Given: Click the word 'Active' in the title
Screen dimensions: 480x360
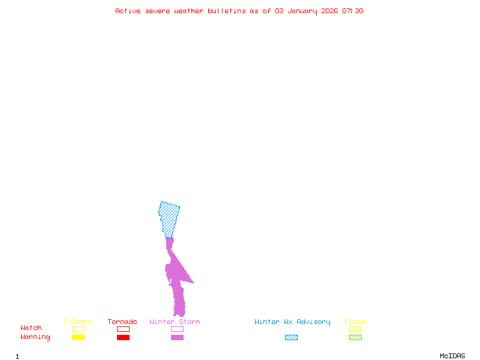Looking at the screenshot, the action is coord(128,11).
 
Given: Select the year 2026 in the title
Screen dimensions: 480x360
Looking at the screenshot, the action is coord(329,11).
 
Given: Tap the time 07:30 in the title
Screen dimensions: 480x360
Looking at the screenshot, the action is coord(353,11).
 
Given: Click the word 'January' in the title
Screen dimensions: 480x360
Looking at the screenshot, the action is coord(302,11).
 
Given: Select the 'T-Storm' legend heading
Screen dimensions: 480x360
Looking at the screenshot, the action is coord(77,322).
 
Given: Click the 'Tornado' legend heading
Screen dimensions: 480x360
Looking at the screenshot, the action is coord(122,322).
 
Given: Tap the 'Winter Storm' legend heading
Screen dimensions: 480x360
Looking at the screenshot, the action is coord(175,322).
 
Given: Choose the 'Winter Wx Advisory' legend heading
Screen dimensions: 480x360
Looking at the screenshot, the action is coord(292,322).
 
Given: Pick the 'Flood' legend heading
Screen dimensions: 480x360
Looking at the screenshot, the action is coord(355,322).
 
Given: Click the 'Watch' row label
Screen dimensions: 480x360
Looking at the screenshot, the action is coord(31,328).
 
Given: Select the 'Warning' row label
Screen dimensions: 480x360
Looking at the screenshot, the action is coord(35,337).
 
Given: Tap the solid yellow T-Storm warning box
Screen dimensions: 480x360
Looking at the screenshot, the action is coord(79,337).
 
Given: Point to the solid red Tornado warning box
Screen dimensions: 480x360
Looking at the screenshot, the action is coord(124,337).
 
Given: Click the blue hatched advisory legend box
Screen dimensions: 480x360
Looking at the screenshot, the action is coord(291,337).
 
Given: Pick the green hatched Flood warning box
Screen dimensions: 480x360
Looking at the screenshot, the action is coord(355,337).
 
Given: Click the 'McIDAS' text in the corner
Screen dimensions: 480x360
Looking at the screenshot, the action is coord(452,356).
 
